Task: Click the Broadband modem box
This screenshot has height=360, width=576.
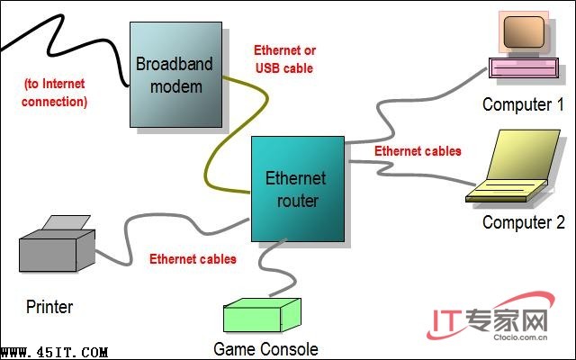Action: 177,74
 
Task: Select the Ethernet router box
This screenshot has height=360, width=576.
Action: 296,189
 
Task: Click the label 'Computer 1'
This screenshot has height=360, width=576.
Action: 517,104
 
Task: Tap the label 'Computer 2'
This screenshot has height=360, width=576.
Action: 523,222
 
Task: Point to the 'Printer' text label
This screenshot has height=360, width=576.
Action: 49,306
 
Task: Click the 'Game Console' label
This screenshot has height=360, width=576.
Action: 265,347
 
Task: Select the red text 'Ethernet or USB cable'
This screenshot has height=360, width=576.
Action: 284,58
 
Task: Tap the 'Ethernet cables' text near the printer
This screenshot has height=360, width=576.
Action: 193,258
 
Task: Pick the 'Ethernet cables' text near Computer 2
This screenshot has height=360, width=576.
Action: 418,150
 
